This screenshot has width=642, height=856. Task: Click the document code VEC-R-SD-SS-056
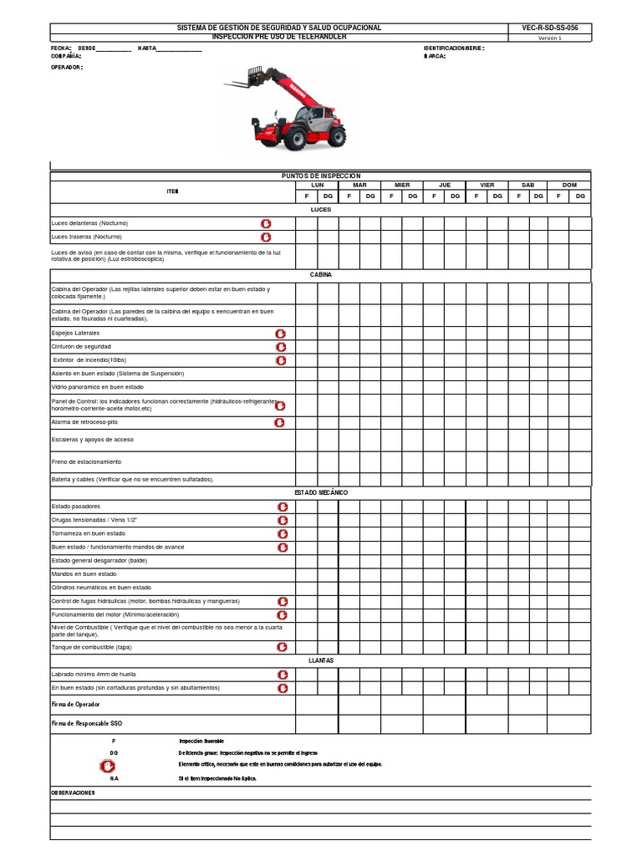click(x=549, y=28)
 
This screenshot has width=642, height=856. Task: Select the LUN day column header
click(x=317, y=185)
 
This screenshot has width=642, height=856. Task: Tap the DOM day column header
click(x=569, y=185)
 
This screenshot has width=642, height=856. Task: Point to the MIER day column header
click(x=402, y=185)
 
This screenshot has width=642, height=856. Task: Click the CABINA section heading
click(x=320, y=274)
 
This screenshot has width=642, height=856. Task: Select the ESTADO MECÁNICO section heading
click(x=320, y=492)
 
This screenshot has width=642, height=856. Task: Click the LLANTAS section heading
click(x=320, y=660)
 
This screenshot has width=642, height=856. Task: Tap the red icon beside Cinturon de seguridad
click(x=281, y=346)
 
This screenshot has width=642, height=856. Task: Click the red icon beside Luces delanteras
click(x=266, y=223)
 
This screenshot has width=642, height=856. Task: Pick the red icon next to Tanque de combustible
click(x=283, y=647)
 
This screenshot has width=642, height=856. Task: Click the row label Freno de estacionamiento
click(x=86, y=461)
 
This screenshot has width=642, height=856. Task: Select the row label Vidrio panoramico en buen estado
click(x=97, y=387)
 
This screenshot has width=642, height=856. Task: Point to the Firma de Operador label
click(x=75, y=705)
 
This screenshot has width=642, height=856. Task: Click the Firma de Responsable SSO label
click(x=86, y=722)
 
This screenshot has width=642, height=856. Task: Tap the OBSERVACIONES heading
click(x=74, y=792)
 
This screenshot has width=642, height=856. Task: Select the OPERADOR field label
click(x=68, y=67)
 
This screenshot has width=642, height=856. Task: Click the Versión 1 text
click(x=549, y=38)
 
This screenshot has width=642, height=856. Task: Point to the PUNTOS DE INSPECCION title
click(x=320, y=176)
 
